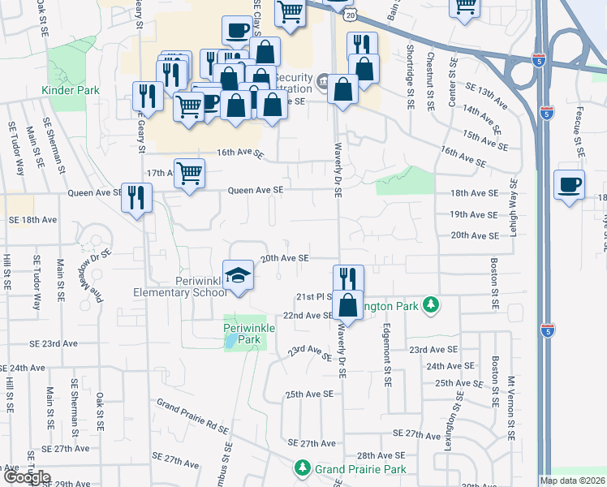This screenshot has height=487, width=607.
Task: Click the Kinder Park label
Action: point(71,90)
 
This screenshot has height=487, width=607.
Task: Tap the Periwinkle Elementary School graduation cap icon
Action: point(239,277)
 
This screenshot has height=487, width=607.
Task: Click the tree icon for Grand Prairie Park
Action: point(302,468)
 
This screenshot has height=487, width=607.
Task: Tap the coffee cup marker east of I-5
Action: point(570,185)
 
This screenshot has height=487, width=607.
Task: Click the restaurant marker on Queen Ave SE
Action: point(136,196)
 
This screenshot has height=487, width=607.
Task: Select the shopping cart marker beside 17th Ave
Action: point(189,173)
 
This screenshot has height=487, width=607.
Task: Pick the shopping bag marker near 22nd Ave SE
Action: point(348,306)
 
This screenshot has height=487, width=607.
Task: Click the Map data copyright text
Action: point(573,481)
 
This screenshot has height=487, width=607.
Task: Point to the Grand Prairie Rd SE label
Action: point(193,416)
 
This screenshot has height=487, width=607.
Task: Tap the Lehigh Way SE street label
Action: point(514,208)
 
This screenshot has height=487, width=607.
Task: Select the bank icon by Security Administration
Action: point(322,80)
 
